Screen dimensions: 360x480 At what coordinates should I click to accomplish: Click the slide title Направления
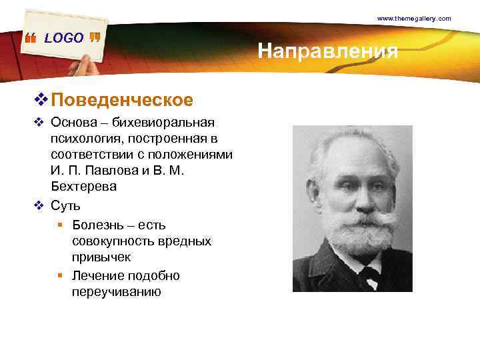click(327, 51)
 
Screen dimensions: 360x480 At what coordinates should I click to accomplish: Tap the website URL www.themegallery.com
click(414, 19)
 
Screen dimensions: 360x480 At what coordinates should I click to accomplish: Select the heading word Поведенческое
click(122, 100)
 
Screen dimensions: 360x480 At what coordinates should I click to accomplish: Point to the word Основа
click(72, 123)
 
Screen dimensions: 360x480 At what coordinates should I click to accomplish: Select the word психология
click(82, 139)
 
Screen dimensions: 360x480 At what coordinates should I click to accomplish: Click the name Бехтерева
click(83, 187)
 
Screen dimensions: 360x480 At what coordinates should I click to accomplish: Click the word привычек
click(101, 257)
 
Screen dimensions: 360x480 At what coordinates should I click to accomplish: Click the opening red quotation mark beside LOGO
click(30, 39)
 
